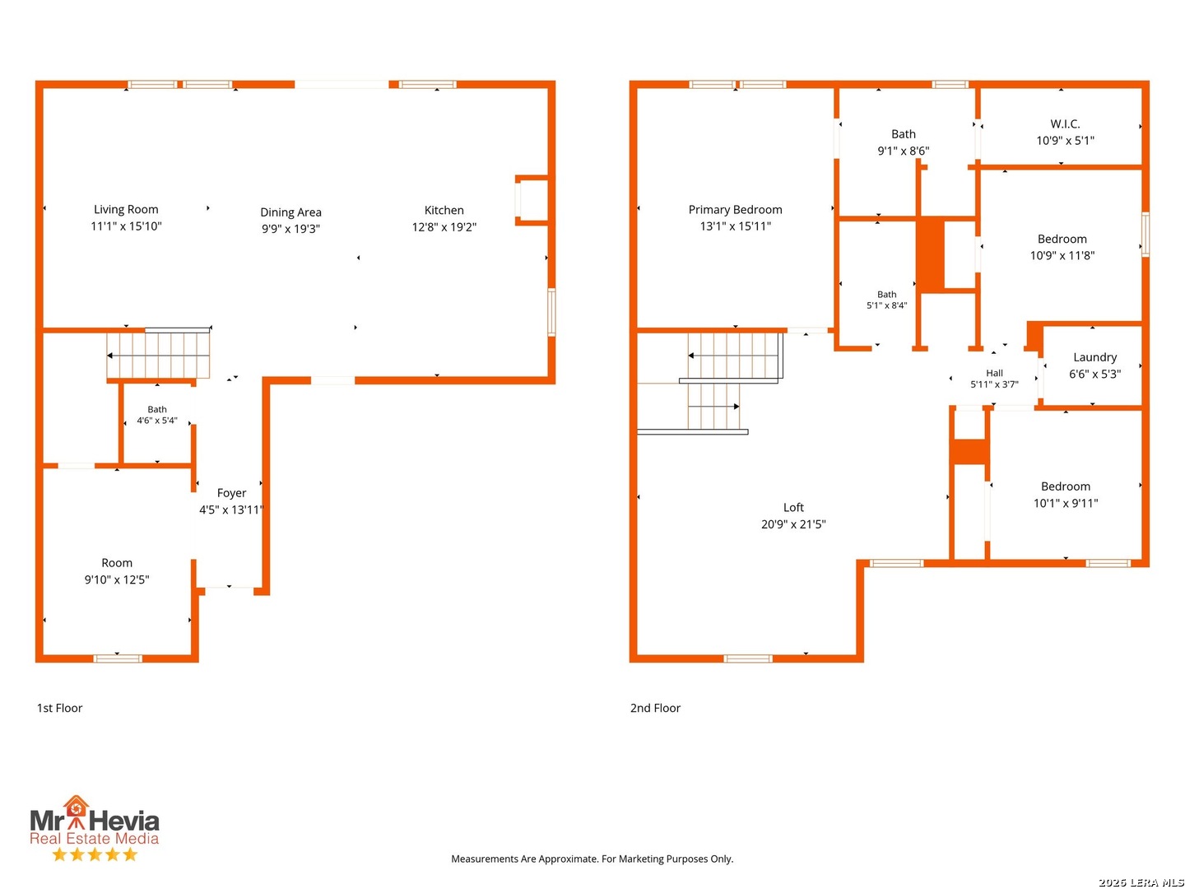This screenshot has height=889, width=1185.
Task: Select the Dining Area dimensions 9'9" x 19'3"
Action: (x=290, y=229)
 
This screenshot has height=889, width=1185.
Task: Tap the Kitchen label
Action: (x=444, y=210)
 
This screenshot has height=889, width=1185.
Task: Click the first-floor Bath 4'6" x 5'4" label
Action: (x=156, y=415)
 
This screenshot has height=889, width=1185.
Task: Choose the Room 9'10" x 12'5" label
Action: (x=117, y=571)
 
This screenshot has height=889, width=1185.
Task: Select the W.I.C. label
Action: (x=1065, y=124)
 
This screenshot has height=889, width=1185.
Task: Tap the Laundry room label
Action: (x=1094, y=357)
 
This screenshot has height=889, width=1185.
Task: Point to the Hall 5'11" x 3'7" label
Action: (x=994, y=379)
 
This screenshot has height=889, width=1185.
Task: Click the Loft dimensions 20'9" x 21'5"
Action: (x=793, y=524)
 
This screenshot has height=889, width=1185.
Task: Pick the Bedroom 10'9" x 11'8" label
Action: (x=1062, y=247)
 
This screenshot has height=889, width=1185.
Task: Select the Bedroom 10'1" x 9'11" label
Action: (x=1065, y=495)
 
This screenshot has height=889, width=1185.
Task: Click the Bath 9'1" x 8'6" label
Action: (x=904, y=142)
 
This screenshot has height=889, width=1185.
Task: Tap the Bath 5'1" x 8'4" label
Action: (x=886, y=300)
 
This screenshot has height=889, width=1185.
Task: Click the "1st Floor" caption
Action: (x=59, y=708)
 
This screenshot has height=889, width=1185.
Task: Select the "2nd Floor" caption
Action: (x=655, y=708)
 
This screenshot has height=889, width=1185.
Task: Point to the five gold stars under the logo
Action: (x=95, y=854)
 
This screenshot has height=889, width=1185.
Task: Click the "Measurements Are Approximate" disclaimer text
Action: (x=592, y=859)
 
